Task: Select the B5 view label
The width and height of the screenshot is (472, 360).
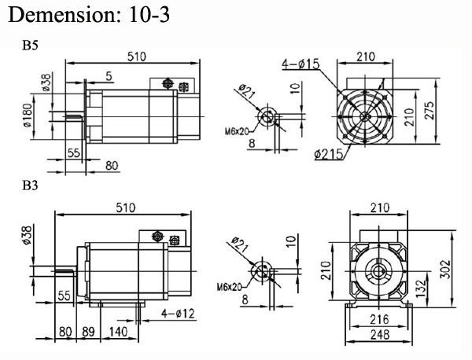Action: pyautogui.click(x=31, y=46)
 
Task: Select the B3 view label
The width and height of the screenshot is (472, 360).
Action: pyautogui.click(x=31, y=187)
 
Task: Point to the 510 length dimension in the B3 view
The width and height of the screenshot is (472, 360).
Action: pyautogui.click(x=125, y=208)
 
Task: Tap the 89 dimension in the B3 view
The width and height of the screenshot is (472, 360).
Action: pyautogui.click(x=88, y=332)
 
